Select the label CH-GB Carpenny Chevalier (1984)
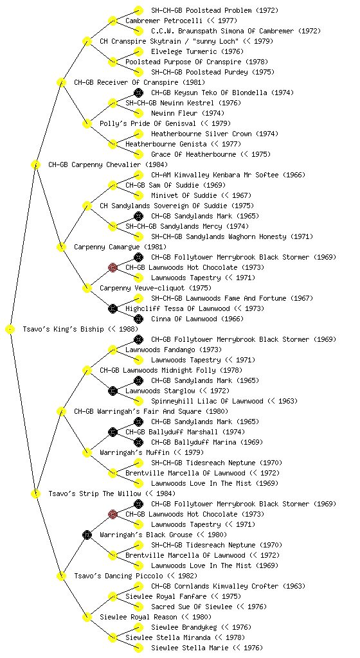click(x=108, y=165)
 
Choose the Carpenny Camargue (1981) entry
click(x=120, y=247)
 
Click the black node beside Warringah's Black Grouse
click(x=87, y=535)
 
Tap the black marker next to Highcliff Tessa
click(x=113, y=308)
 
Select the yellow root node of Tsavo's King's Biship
click(x=10, y=330)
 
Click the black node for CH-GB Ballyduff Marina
click(x=138, y=442)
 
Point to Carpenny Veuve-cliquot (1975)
click(x=155, y=289)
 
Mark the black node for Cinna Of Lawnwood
click(x=138, y=319)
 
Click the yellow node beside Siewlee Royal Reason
click(x=87, y=617)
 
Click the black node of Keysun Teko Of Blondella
click(x=138, y=93)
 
